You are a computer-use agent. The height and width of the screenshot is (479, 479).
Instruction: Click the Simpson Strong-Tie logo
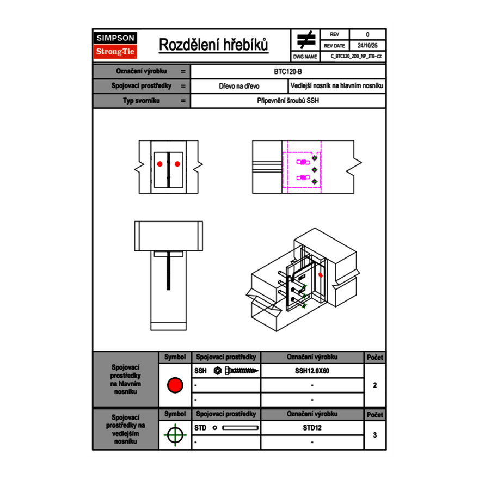pyautogui.click(x=116, y=45)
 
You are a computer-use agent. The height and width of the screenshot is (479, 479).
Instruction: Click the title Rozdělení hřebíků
pyautogui.click(x=213, y=45)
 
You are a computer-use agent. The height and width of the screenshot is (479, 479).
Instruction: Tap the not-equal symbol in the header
pyautogui.click(x=306, y=40)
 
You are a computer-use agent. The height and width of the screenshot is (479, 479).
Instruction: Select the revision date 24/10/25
pyautogui.click(x=367, y=46)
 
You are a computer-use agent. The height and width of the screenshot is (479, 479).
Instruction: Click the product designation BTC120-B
pyautogui.click(x=288, y=71)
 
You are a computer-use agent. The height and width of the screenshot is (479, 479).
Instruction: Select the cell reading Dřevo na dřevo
pyautogui.click(x=239, y=86)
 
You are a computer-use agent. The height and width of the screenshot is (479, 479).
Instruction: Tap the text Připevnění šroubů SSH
pyautogui.click(x=288, y=101)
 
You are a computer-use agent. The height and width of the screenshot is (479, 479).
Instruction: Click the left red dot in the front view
pyautogui.click(x=159, y=163)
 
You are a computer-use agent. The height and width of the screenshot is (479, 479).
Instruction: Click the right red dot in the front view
pyautogui.click(x=177, y=163)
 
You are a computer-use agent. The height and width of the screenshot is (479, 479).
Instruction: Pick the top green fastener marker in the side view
pyautogui.click(x=314, y=158)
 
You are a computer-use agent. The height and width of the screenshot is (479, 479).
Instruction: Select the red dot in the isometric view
pyautogui.click(x=320, y=275)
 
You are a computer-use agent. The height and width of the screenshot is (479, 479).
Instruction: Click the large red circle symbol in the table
pyautogui.click(x=175, y=385)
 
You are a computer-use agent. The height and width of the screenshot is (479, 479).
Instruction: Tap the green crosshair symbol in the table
pyautogui.click(x=174, y=435)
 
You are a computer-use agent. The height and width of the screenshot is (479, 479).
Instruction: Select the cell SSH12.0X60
pyautogui.click(x=312, y=371)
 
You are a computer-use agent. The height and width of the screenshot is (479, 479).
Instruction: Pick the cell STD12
pyautogui.click(x=312, y=428)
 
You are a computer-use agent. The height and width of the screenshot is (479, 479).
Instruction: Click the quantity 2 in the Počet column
pyautogui.click(x=374, y=385)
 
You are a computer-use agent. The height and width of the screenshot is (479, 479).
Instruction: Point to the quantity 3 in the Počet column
pyautogui.click(x=374, y=435)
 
